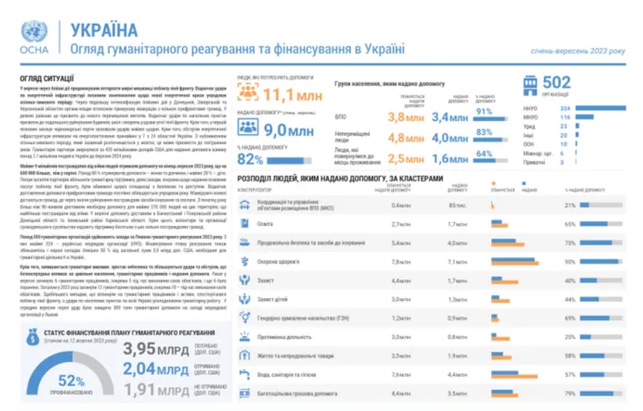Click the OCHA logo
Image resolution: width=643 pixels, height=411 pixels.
[x=34, y=38]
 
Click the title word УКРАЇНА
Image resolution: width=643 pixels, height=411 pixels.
[x=104, y=30]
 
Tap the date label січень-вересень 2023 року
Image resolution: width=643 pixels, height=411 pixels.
[x=578, y=51]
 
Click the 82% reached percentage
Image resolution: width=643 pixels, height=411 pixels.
[x=250, y=160]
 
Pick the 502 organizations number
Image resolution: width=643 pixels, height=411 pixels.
[x=556, y=83]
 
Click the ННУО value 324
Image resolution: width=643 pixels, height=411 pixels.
[x=565, y=108]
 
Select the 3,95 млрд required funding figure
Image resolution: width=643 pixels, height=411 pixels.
[x=156, y=349]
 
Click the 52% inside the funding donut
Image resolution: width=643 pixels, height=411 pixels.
[x=71, y=381]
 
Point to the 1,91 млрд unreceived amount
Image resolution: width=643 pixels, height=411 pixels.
[x=156, y=390]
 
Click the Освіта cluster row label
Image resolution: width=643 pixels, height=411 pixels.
[x=265, y=224]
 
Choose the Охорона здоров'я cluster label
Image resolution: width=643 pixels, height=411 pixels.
[x=278, y=261]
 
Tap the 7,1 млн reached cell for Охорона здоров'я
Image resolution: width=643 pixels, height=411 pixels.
[x=457, y=261]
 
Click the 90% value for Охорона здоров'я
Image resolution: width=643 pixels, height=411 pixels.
[x=570, y=261]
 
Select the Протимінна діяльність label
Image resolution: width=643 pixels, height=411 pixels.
[x=284, y=337]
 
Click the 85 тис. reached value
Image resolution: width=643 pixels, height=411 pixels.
[x=457, y=205]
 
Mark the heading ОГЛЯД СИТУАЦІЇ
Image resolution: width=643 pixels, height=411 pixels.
[x=47, y=79]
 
